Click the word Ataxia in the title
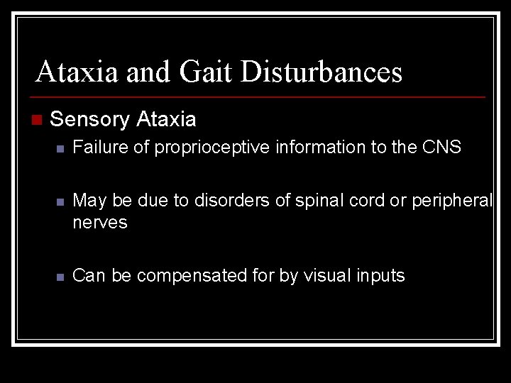coord(77,72)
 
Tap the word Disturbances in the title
coord(322,72)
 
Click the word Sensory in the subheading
coord(89,119)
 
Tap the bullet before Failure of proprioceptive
coord(61,149)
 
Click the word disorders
coord(233,201)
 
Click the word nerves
coord(100,223)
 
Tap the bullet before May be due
coord(61,202)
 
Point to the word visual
coord(331,275)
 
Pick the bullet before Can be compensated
coord(61,277)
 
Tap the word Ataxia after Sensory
coord(165,119)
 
